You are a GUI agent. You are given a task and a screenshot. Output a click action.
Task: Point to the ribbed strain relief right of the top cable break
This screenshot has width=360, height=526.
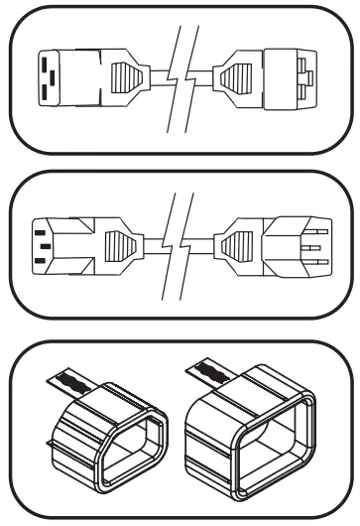tap(239, 80)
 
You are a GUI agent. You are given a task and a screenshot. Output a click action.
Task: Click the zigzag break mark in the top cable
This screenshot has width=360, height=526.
tap(180, 80)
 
